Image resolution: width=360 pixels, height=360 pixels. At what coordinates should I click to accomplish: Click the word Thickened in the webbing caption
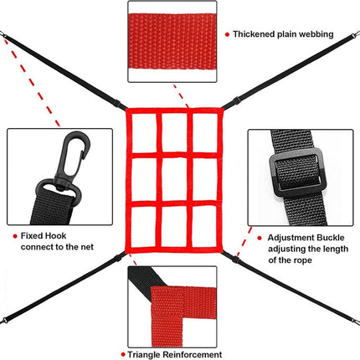tap(254, 34)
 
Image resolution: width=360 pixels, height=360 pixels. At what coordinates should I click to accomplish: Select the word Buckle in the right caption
tap(330, 238)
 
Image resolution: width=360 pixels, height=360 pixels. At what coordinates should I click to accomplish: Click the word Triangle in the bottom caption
tap(144, 355)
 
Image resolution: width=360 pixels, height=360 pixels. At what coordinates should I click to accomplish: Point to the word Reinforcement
tap(193, 355)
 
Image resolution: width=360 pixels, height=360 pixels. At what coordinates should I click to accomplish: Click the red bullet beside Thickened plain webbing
tap(227, 34)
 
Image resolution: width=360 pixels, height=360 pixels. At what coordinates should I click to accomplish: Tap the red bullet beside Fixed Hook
tap(15, 236)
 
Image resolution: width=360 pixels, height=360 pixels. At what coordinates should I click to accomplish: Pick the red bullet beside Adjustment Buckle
tap(260, 238)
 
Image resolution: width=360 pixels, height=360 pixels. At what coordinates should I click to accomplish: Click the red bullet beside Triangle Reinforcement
tap(123, 355)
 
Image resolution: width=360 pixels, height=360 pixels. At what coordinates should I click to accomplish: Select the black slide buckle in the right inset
tap(297, 172)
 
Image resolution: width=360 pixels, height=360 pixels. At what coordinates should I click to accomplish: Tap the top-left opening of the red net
tap(144, 132)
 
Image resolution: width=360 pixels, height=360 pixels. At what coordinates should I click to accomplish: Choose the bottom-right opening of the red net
tap(204, 226)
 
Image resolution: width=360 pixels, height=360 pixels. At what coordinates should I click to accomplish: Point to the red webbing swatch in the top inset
tap(172, 41)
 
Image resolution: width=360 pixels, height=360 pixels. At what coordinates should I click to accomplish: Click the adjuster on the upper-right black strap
tap(236, 101)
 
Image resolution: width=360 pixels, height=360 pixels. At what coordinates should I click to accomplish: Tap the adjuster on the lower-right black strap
tap(235, 259)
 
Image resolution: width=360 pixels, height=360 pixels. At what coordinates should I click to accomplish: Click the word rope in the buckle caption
tap(303, 260)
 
